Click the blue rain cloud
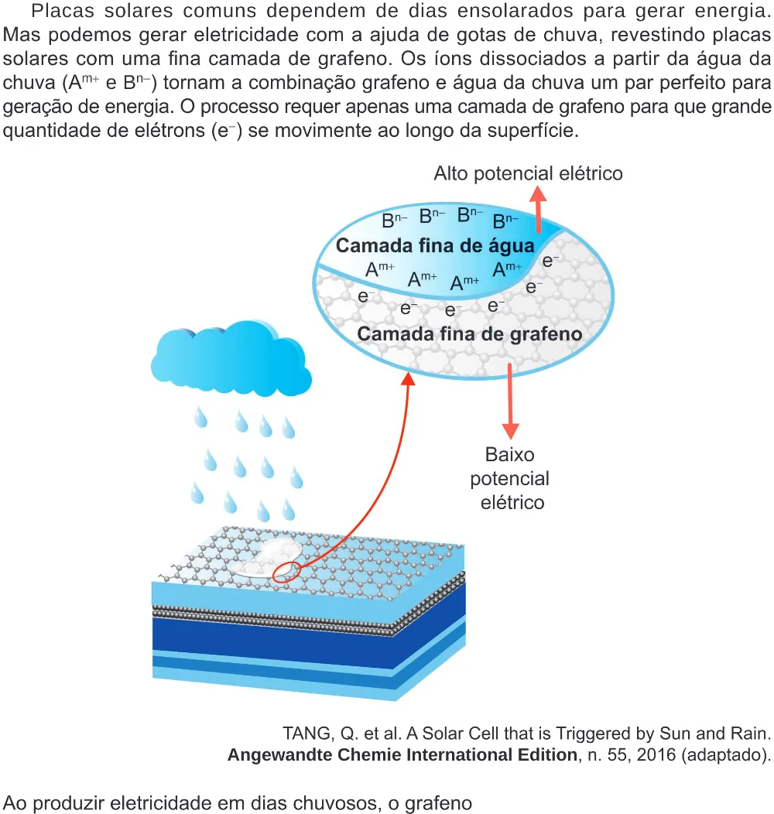[231, 358]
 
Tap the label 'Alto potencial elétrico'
[529, 173]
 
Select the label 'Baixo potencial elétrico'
[510, 479]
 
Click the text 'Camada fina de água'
[435, 245]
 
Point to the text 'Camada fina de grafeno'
[470, 333]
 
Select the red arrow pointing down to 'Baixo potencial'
[510, 402]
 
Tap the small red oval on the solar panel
[286, 572]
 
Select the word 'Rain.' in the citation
[750, 733]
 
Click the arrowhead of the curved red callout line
[409, 378]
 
